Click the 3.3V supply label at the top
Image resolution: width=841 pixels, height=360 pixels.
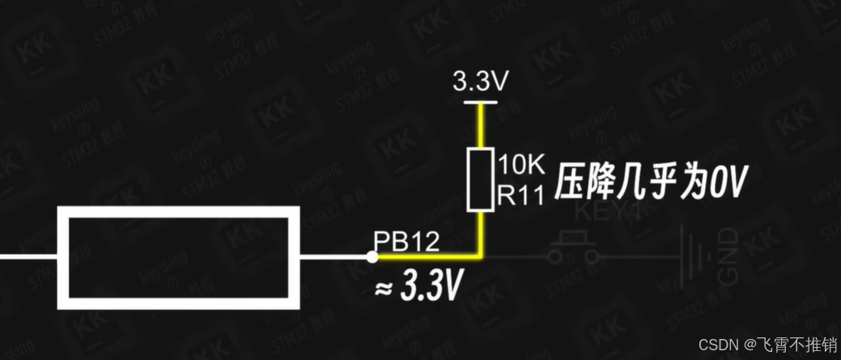(480, 82)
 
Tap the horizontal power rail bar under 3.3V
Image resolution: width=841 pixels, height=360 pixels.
(480, 102)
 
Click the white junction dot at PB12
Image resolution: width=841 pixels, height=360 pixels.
(372, 257)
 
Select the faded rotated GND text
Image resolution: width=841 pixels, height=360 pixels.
(727, 256)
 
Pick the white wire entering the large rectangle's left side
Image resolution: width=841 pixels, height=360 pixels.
(29, 257)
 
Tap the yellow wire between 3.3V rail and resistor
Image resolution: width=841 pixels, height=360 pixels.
(480, 126)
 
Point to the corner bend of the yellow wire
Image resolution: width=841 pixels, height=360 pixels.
(480, 256)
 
